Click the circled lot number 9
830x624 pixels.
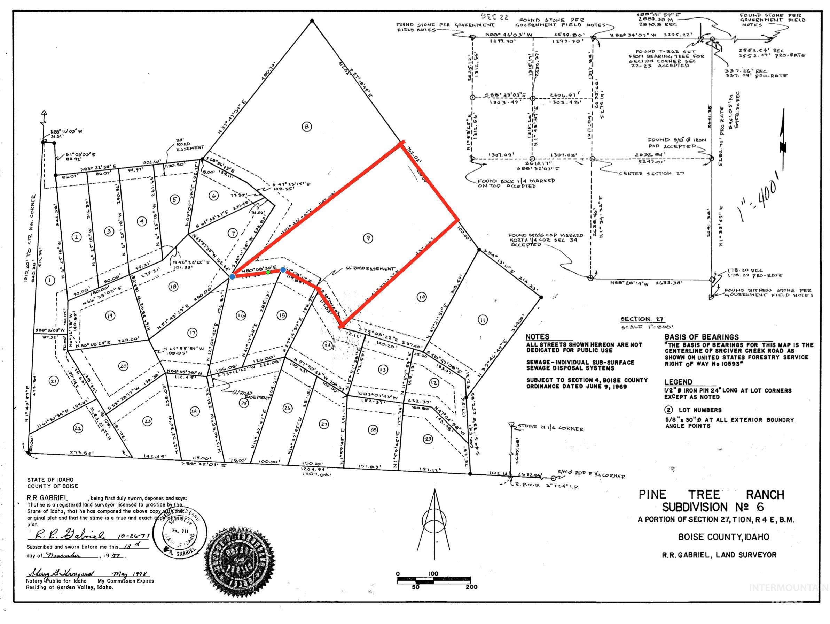(x=368, y=237)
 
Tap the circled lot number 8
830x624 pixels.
(x=307, y=127)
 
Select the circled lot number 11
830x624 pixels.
(x=483, y=320)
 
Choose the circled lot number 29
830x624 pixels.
(x=427, y=438)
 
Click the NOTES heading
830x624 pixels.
(x=537, y=337)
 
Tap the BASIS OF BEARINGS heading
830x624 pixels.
(x=701, y=337)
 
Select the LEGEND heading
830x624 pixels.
(x=678, y=382)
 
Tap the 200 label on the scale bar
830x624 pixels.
(x=472, y=587)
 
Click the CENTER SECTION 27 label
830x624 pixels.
(x=652, y=173)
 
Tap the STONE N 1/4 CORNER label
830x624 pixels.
(x=550, y=428)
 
